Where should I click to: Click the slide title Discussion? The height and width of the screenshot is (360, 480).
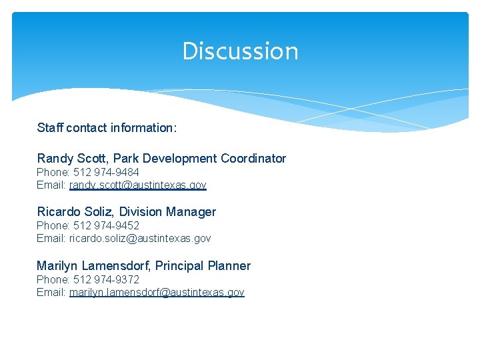click(x=240, y=51)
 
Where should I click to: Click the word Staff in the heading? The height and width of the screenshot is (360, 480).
click(x=49, y=127)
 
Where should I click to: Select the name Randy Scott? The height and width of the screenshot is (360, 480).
click(x=73, y=159)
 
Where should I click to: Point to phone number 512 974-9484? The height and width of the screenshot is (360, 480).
click(x=106, y=172)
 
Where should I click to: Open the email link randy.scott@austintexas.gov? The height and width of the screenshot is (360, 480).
click(x=138, y=185)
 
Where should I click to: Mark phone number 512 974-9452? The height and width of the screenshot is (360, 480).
click(x=106, y=225)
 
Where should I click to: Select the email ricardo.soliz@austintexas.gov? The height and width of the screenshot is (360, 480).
click(x=140, y=238)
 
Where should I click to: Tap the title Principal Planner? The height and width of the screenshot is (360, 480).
click(x=203, y=266)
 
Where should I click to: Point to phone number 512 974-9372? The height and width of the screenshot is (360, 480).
click(x=106, y=279)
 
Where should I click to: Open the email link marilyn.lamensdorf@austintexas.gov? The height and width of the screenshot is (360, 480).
click(x=157, y=292)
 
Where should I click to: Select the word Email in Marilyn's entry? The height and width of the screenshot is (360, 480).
click(x=51, y=292)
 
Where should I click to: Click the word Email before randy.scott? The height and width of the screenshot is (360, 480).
click(x=51, y=185)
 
